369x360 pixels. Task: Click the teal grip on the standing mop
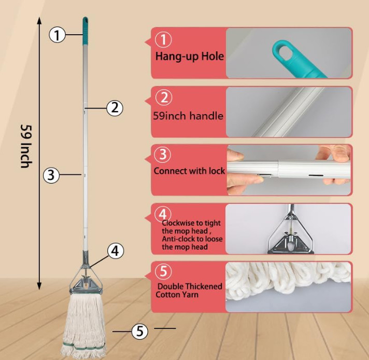click(86, 31)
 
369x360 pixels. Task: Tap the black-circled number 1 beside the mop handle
click(57, 35)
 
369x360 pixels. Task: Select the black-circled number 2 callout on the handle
click(115, 108)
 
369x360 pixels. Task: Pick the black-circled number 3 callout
click(51, 175)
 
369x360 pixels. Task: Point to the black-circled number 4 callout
click(115, 251)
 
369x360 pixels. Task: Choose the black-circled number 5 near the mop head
click(140, 331)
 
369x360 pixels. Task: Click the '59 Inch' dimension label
click(25, 146)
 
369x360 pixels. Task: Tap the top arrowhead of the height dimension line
click(39, 20)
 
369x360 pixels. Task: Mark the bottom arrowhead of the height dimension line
click(39, 286)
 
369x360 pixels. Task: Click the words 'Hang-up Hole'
click(190, 57)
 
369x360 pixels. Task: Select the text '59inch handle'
click(188, 116)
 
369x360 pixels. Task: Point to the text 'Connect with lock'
click(189, 171)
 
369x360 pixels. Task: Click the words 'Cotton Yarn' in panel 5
click(177, 295)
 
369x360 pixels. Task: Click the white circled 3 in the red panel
click(163, 155)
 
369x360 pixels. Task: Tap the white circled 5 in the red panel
click(163, 271)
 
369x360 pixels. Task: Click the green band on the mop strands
click(84, 346)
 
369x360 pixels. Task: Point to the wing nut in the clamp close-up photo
click(291, 234)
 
